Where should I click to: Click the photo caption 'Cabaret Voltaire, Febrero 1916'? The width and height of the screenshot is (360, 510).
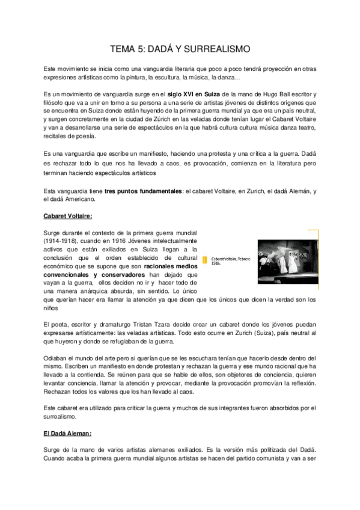tap(231, 260)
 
